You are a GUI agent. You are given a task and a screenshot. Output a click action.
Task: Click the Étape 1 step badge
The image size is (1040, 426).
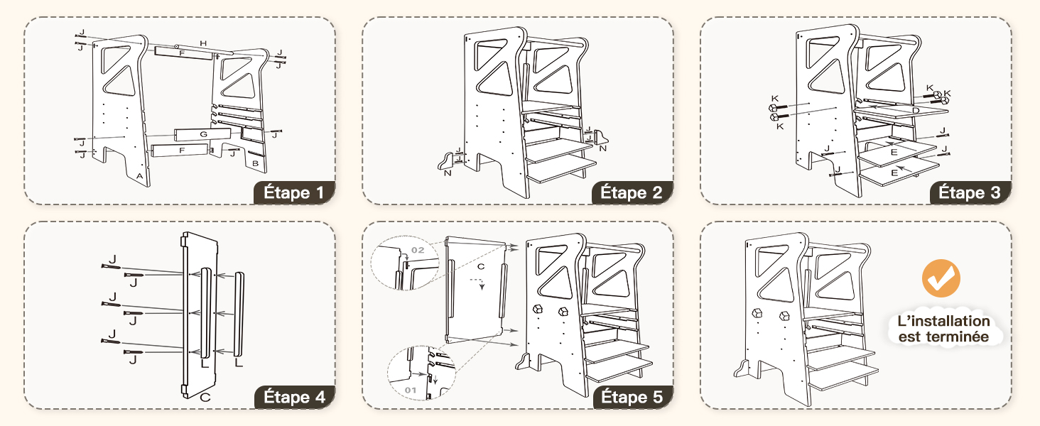[294, 192]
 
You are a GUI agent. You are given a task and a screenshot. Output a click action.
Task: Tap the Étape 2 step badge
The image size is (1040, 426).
[632, 192]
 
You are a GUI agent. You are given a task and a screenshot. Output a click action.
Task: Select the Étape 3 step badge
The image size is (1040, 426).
[970, 192]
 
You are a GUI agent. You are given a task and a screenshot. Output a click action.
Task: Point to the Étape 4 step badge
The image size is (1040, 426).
[294, 397]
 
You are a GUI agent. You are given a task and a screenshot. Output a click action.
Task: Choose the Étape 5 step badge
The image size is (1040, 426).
[633, 397]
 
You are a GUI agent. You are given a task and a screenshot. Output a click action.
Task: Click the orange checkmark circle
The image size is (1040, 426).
[941, 278]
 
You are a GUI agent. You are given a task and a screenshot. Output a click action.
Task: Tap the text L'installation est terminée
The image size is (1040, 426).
[944, 329]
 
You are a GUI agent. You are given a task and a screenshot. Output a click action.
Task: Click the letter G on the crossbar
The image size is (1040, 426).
[203, 135]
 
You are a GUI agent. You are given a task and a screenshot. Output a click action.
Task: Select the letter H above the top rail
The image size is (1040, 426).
[203, 43]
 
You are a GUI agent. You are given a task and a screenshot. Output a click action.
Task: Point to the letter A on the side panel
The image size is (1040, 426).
[139, 176]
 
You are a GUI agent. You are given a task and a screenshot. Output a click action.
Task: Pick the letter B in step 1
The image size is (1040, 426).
[255, 163]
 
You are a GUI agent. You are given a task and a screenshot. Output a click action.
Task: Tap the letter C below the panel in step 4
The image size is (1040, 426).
[205, 397]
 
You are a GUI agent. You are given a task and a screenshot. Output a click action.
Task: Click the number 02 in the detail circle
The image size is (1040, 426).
[418, 250]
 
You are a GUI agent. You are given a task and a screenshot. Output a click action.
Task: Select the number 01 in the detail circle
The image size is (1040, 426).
[411, 390]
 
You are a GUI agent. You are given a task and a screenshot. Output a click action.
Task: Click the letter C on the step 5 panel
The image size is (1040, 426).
[481, 266]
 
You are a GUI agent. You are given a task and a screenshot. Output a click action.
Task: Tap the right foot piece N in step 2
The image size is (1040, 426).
[600, 138]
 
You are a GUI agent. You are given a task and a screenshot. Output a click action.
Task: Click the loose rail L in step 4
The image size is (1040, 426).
[239, 314]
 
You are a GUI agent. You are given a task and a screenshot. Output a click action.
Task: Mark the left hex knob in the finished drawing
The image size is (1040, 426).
[757, 313]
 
